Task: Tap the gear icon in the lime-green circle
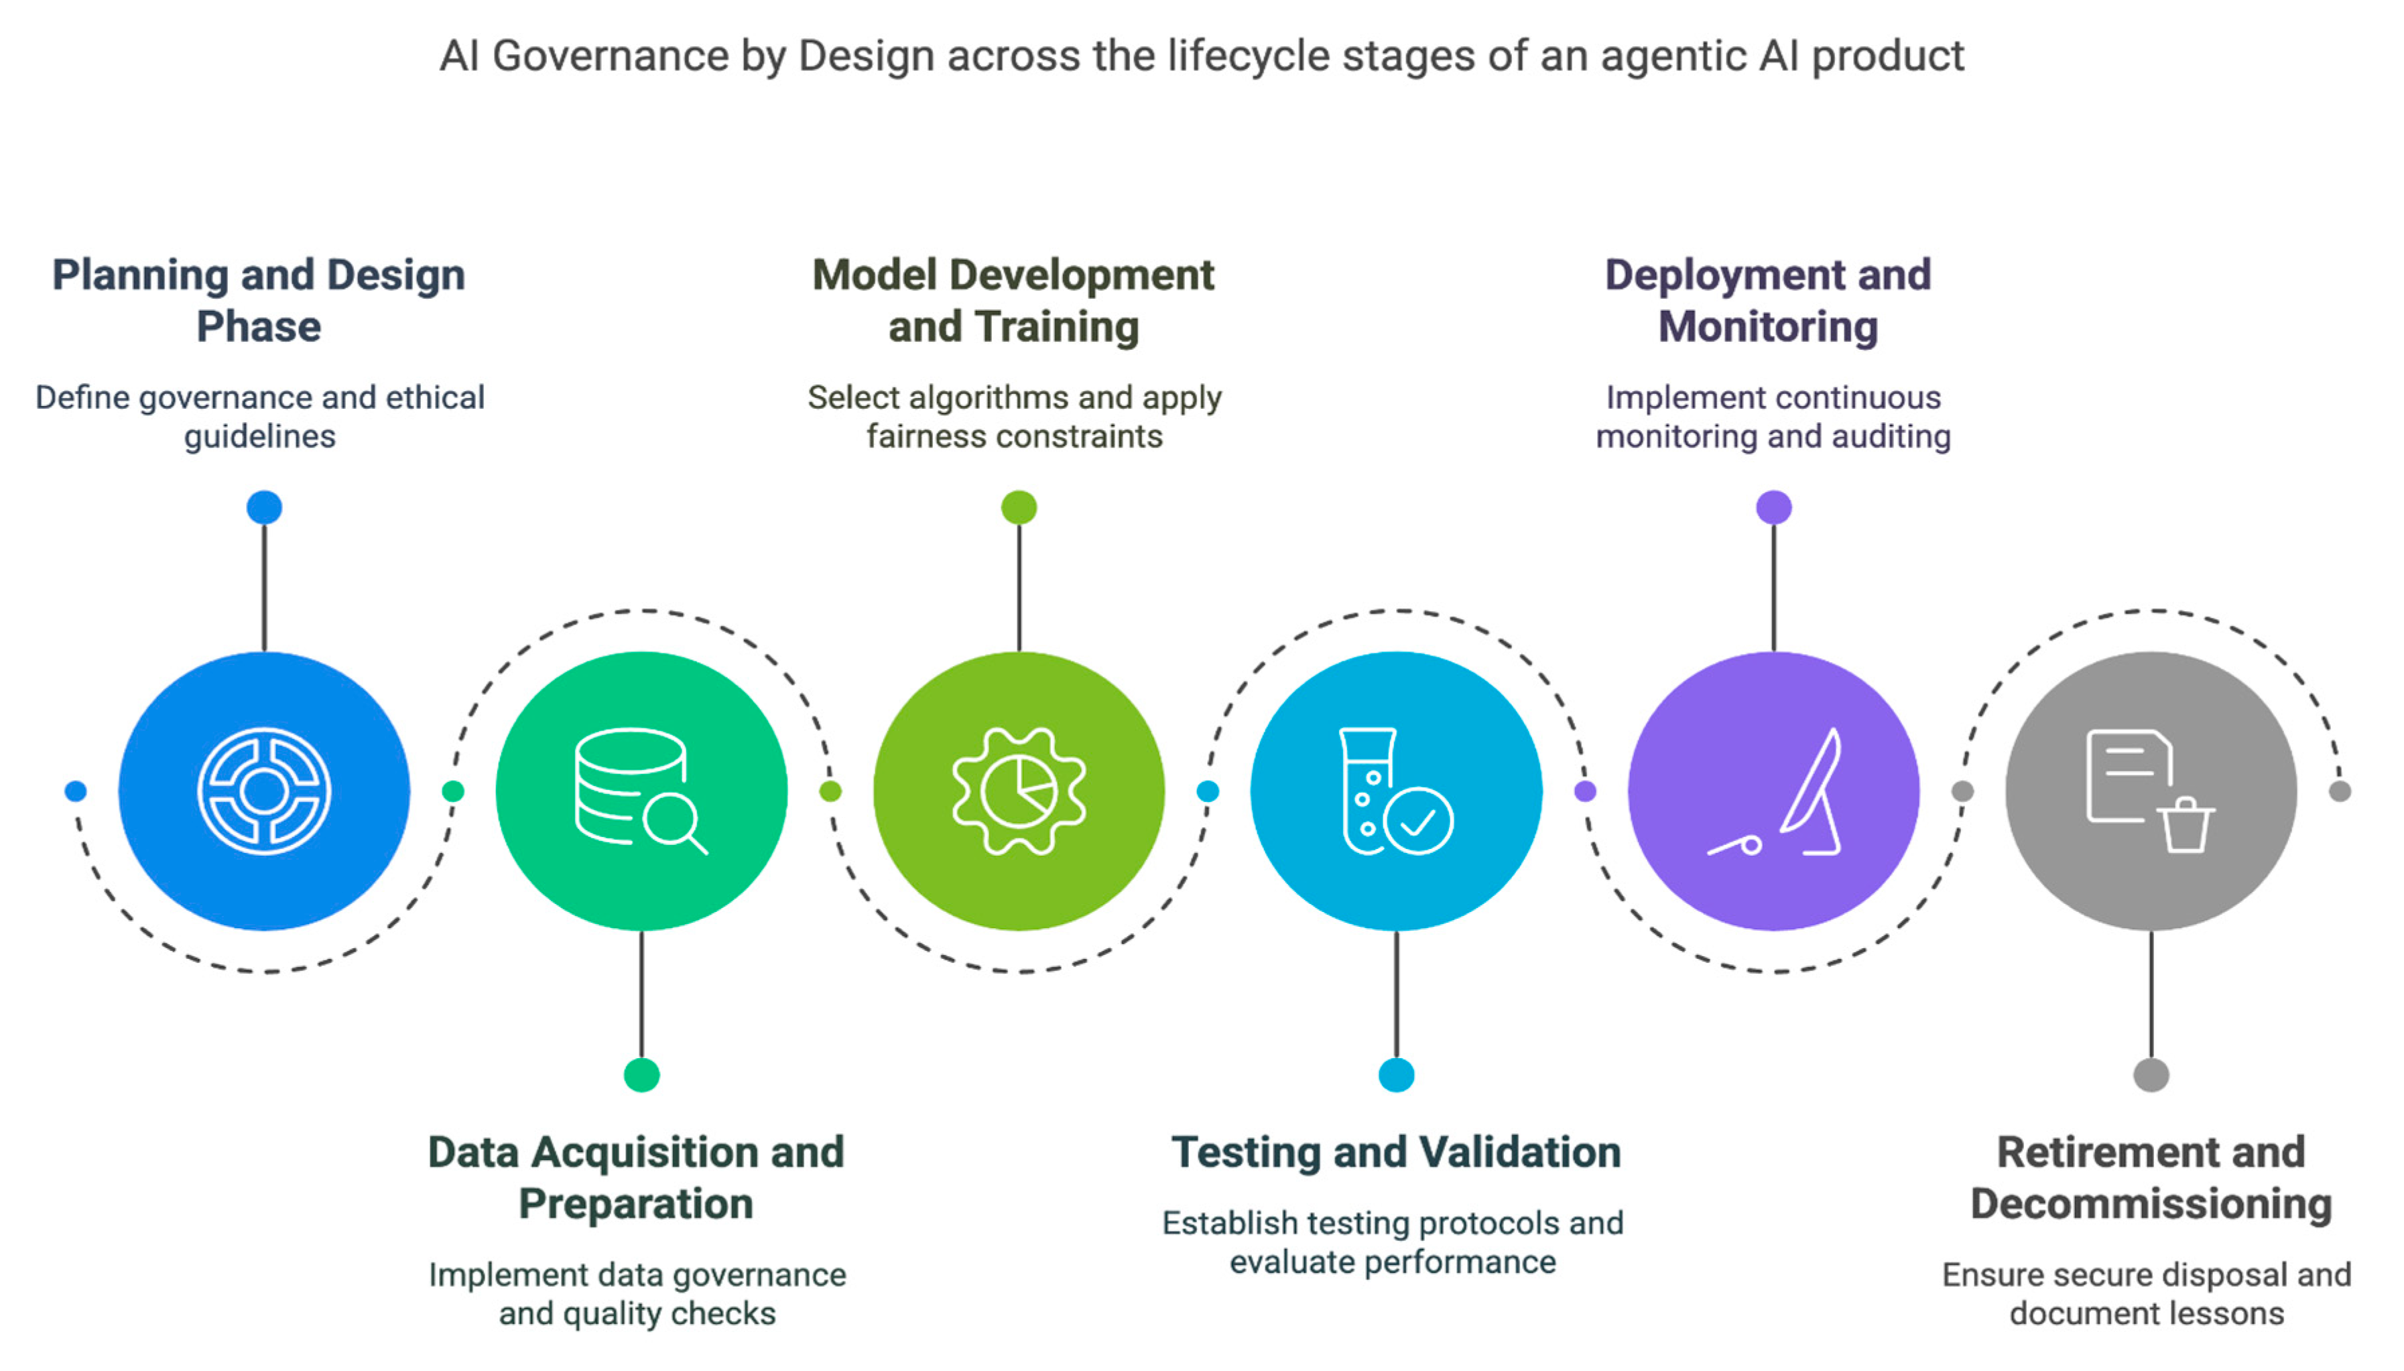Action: (1019, 791)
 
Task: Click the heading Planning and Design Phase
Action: (259, 300)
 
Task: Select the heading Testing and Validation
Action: (1395, 1152)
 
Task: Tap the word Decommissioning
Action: (2151, 1203)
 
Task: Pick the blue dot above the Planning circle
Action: (265, 507)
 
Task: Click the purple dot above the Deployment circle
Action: (1773, 507)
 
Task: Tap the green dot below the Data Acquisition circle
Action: (641, 1074)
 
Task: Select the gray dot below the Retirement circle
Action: (2151, 1074)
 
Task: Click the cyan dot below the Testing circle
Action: (1395, 1074)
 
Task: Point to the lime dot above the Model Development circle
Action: (1019, 507)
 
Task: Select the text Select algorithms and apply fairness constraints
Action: (1014, 416)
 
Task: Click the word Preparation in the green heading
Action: (635, 1203)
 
